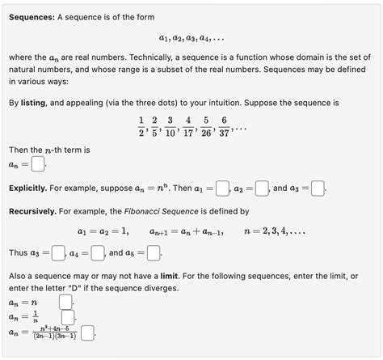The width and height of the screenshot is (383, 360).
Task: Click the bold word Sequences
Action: [32, 17]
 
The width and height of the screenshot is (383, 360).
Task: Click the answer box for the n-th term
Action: [38, 164]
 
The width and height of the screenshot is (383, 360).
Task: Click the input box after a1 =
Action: [223, 188]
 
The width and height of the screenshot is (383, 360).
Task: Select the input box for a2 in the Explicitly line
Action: [262, 188]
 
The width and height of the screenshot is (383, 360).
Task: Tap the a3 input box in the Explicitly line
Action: [318, 188]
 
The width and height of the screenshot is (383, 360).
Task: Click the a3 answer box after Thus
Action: [58, 253]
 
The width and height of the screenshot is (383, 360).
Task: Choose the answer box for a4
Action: [98, 253]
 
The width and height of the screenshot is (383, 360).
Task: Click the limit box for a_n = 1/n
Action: [68, 317]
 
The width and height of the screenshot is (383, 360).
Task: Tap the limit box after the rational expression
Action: [87, 332]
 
